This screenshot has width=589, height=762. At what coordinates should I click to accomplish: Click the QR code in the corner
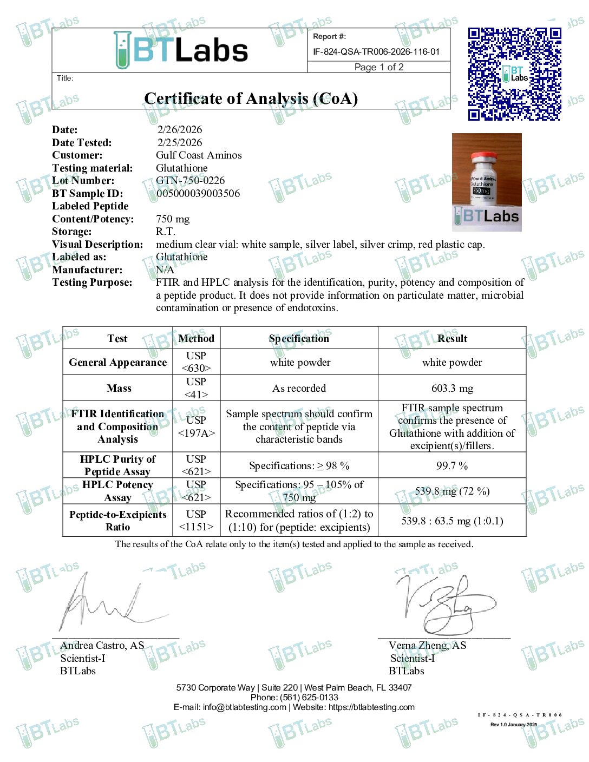[514, 74]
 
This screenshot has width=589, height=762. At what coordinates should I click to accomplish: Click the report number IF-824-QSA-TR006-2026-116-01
[376, 52]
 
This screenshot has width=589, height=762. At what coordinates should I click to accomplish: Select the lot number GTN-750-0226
[190, 181]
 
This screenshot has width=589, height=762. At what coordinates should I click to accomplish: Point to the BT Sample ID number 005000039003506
[198, 194]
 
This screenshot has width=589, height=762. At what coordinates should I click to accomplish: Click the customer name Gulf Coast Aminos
[199, 155]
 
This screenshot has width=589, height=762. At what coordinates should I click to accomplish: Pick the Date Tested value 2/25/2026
[179, 143]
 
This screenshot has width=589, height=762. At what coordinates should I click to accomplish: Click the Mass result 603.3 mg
[452, 389]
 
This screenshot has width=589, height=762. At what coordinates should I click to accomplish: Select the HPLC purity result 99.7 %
[452, 466]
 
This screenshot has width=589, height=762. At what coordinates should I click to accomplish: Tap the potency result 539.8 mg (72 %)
[452, 491]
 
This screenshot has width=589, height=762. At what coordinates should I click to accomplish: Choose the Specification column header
[299, 339]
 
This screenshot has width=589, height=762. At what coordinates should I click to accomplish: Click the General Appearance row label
[117, 363]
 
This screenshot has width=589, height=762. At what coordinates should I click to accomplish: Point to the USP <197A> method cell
[196, 426]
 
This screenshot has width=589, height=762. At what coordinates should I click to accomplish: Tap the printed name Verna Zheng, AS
[427, 646]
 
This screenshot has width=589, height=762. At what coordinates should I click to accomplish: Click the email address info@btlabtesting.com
[244, 707]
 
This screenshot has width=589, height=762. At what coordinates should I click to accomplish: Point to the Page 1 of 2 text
[379, 67]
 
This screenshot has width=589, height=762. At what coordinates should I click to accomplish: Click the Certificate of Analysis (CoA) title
[251, 99]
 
